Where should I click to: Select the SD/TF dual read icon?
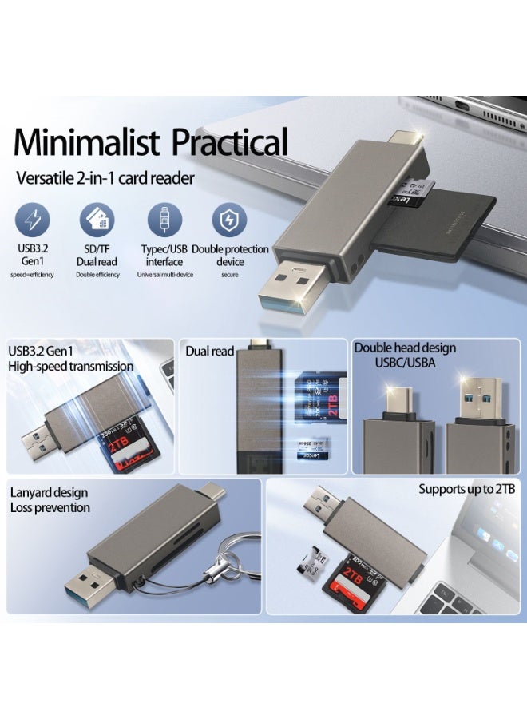pyautogui.click(x=97, y=220)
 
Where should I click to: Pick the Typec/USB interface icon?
pyautogui.click(x=164, y=220)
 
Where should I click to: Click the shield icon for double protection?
pyautogui.click(x=229, y=220)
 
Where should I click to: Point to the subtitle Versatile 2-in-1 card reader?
pyautogui.click(x=105, y=178)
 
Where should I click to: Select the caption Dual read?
pyautogui.click(x=210, y=351)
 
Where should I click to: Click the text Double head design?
pyautogui.click(x=405, y=348)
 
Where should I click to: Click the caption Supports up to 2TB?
pyautogui.click(x=467, y=489)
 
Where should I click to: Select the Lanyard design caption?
pyautogui.click(x=48, y=492)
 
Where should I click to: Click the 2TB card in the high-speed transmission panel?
pyautogui.click(x=127, y=447)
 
